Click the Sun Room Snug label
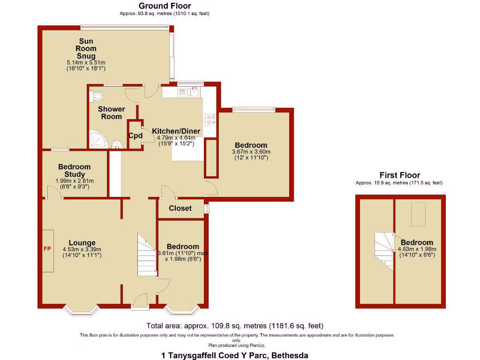point(86,49)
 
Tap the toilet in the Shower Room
point(97,96)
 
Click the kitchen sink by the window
point(192,92)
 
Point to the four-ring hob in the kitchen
point(210,120)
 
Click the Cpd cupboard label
point(135,136)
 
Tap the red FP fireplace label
point(47,248)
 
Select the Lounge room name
point(82,243)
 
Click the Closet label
point(180,208)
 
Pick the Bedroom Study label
point(75,171)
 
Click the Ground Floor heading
point(165,6)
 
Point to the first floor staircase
point(384,251)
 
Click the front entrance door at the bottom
point(140,302)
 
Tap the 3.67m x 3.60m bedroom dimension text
point(251,152)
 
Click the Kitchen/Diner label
point(176,131)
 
